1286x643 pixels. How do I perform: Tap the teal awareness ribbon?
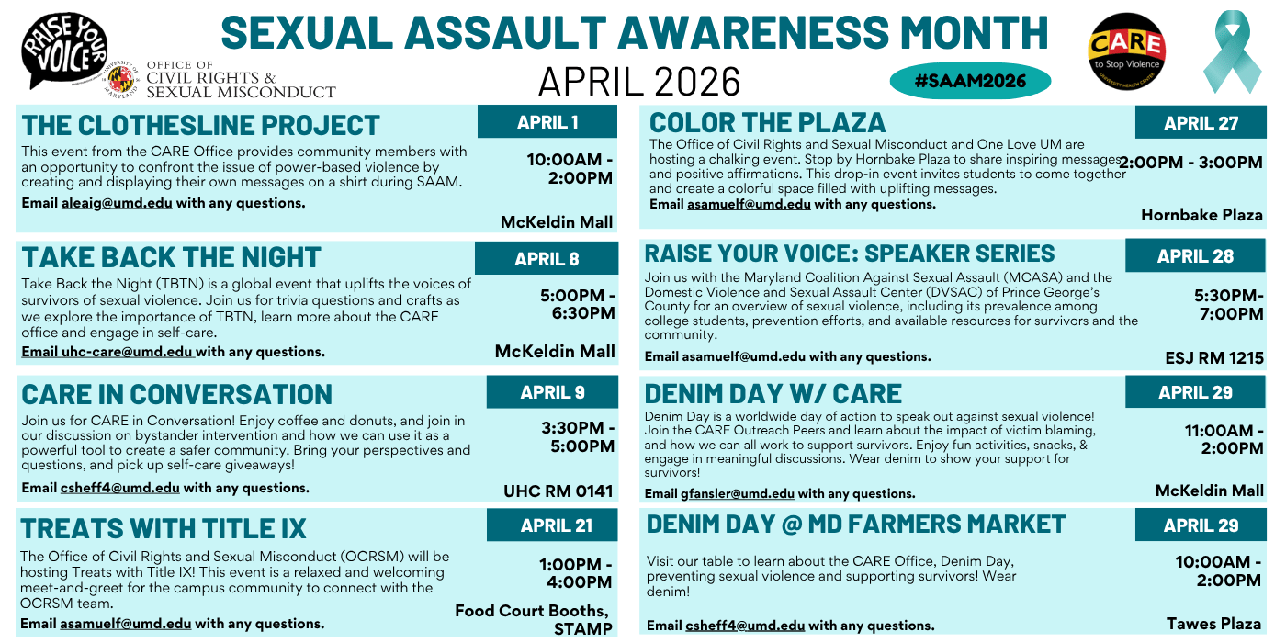(1233, 52)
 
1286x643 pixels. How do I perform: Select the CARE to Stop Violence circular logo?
(1126, 51)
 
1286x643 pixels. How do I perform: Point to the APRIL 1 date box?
(547, 122)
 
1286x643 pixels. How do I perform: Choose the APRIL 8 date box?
(547, 259)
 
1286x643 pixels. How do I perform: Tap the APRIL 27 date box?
(1201, 123)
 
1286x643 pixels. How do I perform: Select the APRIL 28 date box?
(1195, 256)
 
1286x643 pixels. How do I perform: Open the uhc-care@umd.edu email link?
(127, 352)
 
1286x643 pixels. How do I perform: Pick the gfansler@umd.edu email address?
(737, 493)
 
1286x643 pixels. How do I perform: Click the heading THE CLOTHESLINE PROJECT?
(200, 125)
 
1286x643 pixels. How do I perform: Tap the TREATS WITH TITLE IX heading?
(164, 529)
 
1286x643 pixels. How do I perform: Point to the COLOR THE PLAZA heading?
(767, 123)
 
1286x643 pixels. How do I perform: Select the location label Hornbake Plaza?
(1201, 215)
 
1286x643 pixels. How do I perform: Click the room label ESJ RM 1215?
(1214, 357)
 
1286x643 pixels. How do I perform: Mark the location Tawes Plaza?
(1213, 624)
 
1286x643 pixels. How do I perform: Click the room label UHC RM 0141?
(558, 491)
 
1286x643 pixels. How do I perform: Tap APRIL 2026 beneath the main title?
(639, 82)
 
